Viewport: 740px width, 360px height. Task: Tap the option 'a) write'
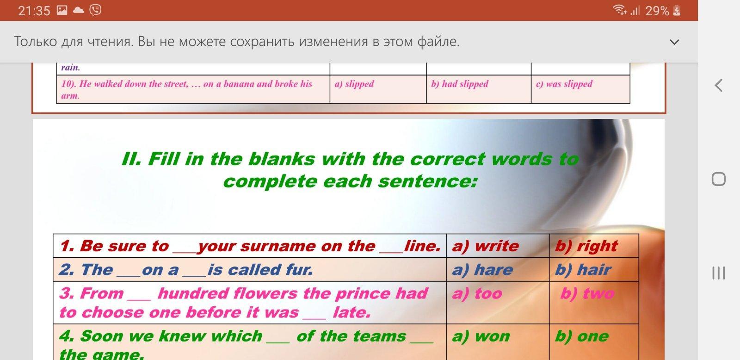tap(485, 246)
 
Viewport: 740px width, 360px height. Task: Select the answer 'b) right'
tap(586, 246)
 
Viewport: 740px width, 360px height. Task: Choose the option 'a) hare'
tap(482, 270)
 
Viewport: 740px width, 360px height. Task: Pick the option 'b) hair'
tap(583, 270)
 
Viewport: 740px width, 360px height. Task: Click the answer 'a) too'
tap(477, 293)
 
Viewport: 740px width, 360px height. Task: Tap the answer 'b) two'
tap(587, 293)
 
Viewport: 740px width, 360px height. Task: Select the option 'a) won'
tap(481, 336)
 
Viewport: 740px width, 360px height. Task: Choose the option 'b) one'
tap(582, 336)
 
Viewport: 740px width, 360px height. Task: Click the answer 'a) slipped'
tap(354, 84)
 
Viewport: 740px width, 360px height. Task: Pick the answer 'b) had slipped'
tap(460, 84)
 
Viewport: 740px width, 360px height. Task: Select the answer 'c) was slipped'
tap(564, 84)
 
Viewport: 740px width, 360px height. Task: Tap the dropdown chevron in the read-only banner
tap(674, 42)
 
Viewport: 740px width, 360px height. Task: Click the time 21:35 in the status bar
tap(34, 11)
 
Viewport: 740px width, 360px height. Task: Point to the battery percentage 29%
tap(657, 11)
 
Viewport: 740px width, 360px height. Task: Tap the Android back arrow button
tap(719, 85)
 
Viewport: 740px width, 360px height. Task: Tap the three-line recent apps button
tap(719, 273)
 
